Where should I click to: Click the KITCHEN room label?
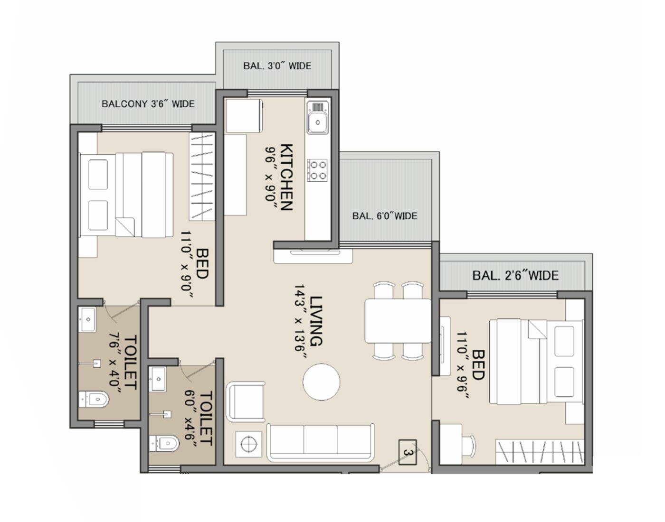(287, 177)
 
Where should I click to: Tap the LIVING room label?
(316, 321)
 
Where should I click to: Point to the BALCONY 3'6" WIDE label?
(148, 103)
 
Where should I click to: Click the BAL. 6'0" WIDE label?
(384, 216)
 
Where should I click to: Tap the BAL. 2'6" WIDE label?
(515, 275)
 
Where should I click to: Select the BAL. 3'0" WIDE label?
(277, 66)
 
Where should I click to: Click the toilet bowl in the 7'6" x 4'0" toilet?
(95, 400)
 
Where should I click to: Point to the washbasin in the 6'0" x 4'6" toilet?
(158, 379)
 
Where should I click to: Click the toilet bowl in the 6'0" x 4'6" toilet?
(165, 444)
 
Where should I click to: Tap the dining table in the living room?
(398, 321)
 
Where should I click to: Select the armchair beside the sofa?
(246, 401)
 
